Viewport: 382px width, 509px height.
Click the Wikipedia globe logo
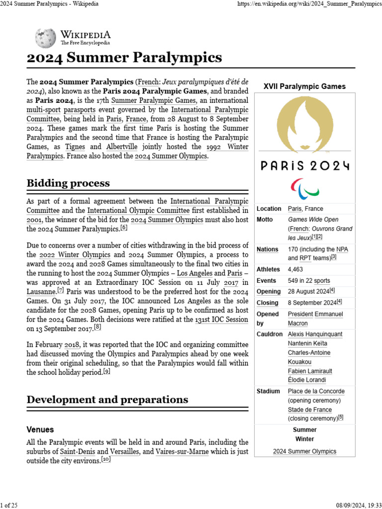tap(45, 38)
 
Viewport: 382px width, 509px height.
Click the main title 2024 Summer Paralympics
tap(124, 58)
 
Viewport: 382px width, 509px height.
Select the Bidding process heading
tap(68, 183)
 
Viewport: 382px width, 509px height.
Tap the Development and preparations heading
tap(107, 399)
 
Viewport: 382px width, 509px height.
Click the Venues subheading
tap(40, 429)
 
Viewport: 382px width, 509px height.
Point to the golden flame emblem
tap(304, 124)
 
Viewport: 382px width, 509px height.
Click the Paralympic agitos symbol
tap(304, 188)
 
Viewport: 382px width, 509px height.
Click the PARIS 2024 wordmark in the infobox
tap(304, 166)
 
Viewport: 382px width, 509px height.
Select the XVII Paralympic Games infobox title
tap(304, 86)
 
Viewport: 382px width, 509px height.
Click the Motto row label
tap(265, 219)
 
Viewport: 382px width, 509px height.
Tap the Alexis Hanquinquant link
tap(316, 334)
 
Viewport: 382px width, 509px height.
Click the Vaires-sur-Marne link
tap(182, 452)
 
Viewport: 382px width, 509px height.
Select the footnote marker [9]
tap(107, 371)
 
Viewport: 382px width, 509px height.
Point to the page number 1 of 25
tap(9, 505)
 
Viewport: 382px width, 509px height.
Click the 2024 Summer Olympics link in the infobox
tap(304, 451)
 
